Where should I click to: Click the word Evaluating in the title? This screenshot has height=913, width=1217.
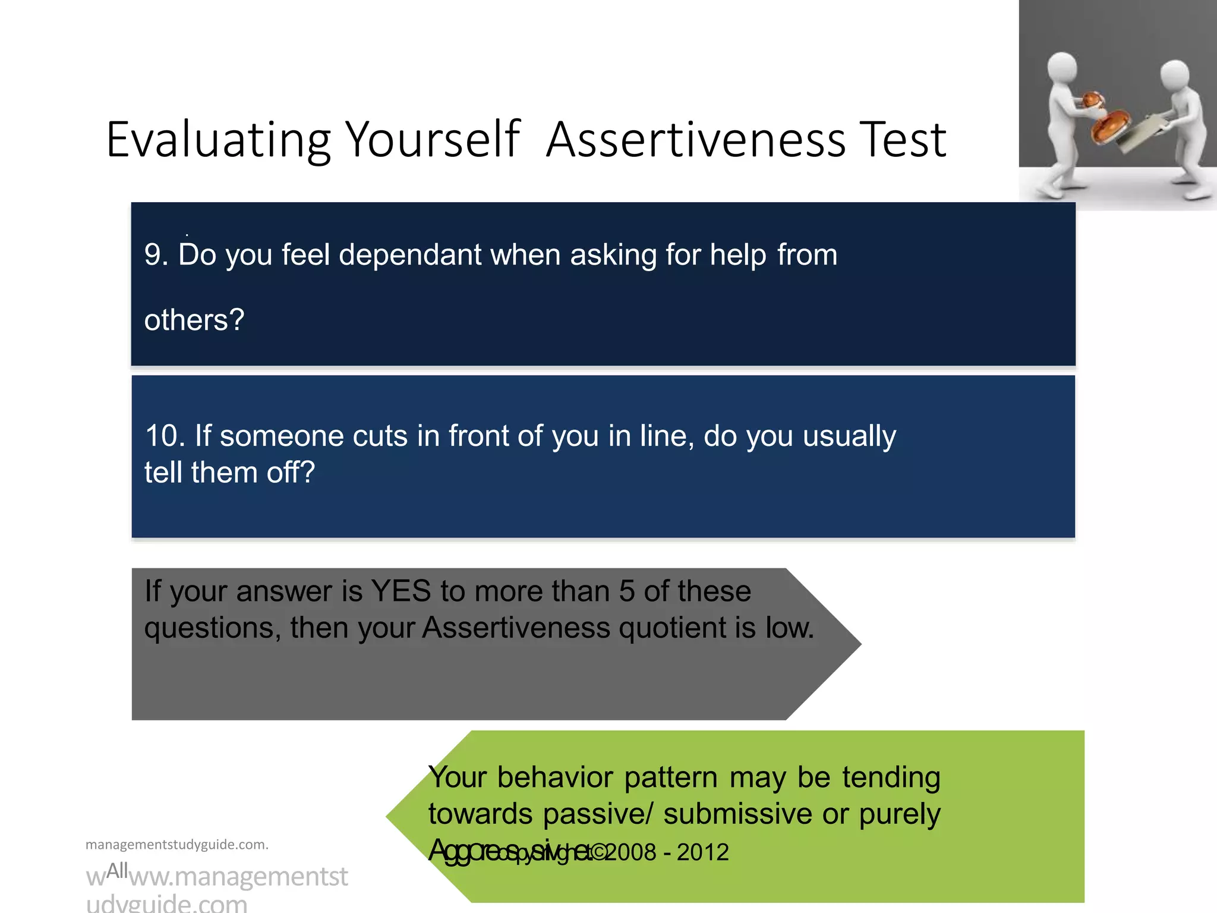point(218,140)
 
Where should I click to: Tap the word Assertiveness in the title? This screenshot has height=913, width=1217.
point(696,140)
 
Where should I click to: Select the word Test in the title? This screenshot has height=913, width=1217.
point(904,140)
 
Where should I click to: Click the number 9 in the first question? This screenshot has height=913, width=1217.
point(153,255)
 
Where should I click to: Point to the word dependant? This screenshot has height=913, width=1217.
point(409,255)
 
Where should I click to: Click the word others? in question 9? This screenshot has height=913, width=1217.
point(194,320)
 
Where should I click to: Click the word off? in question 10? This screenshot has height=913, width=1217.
point(291,473)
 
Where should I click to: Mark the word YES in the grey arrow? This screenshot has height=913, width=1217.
point(401,591)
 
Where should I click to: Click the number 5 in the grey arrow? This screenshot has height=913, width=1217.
point(627,591)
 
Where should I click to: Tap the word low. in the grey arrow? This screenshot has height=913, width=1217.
point(790,628)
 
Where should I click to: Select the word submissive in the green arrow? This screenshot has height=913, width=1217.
point(737,814)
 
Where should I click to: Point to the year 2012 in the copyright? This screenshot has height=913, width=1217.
point(703,852)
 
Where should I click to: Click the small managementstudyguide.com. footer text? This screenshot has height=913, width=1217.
point(177,845)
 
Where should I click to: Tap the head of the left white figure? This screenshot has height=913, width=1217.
point(1062,69)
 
